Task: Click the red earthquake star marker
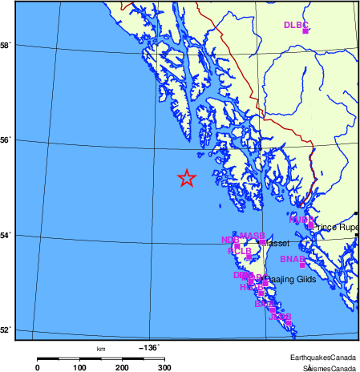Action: [186, 179]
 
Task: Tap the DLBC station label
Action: [295, 25]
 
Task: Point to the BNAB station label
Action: [292, 259]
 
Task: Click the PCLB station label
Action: [240, 251]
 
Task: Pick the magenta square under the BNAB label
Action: [302, 265]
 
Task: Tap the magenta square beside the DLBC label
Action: [305, 30]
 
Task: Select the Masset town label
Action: [277, 243]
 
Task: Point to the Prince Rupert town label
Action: [338, 227]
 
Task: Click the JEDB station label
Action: [279, 317]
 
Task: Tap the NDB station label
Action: [229, 240]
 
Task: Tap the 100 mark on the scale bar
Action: [80, 366]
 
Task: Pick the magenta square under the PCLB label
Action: [249, 257]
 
